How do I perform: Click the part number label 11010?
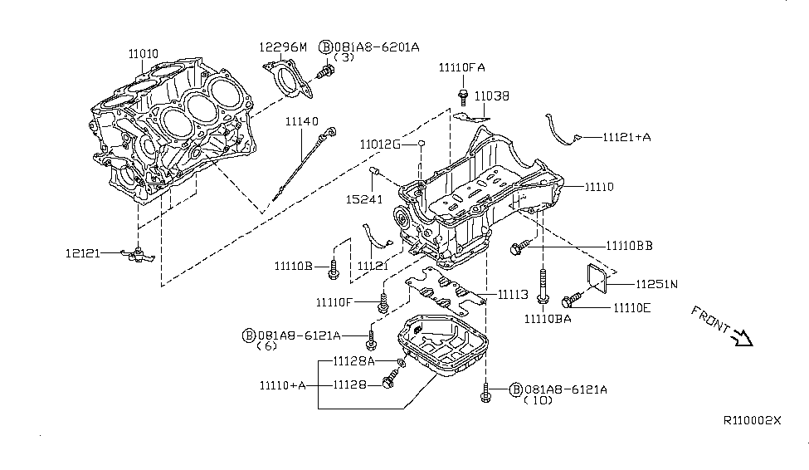(143, 53)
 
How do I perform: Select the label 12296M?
(283, 47)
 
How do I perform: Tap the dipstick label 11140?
(302, 121)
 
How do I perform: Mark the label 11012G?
(381, 144)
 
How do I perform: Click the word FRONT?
(708, 320)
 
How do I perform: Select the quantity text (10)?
(539, 401)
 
